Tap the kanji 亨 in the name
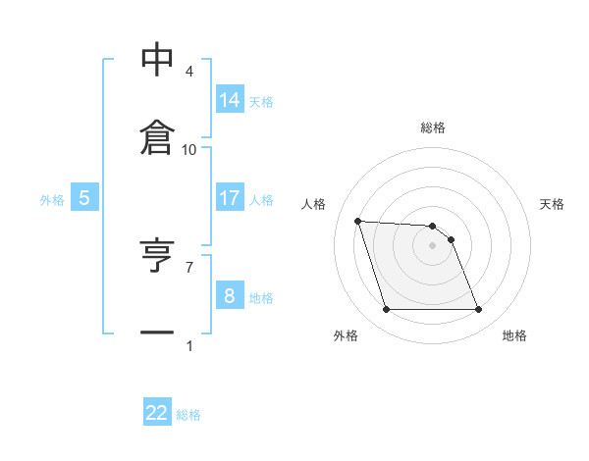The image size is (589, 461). pyautogui.click(x=157, y=257)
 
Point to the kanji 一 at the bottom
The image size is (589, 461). pyautogui.click(x=157, y=333)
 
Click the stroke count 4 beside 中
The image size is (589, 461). pyautogui.click(x=189, y=72)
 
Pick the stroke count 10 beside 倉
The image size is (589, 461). pyautogui.click(x=189, y=149)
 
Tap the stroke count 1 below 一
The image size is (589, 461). pyautogui.click(x=189, y=345)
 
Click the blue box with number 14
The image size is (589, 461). pyautogui.click(x=230, y=100)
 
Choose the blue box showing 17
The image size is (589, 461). pyautogui.click(x=230, y=198)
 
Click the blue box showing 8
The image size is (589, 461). pyautogui.click(x=230, y=296)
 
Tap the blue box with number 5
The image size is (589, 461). pyautogui.click(x=84, y=198)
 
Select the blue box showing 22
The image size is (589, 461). pyautogui.click(x=157, y=413)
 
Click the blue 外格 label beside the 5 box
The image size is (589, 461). pyautogui.click(x=52, y=200)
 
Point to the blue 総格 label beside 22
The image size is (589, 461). pyautogui.click(x=188, y=415)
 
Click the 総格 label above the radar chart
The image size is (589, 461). pyautogui.click(x=433, y=128)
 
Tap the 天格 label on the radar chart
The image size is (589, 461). pyautogui.click(x=552, y=204)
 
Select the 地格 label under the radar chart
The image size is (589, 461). pyautogui.click(x=514, y=335)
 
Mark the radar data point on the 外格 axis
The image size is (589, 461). pyautogui.click(x=386, y=310)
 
